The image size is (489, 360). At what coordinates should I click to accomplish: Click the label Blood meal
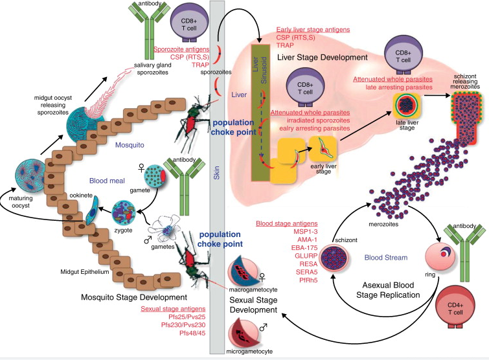tap(106, 164)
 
